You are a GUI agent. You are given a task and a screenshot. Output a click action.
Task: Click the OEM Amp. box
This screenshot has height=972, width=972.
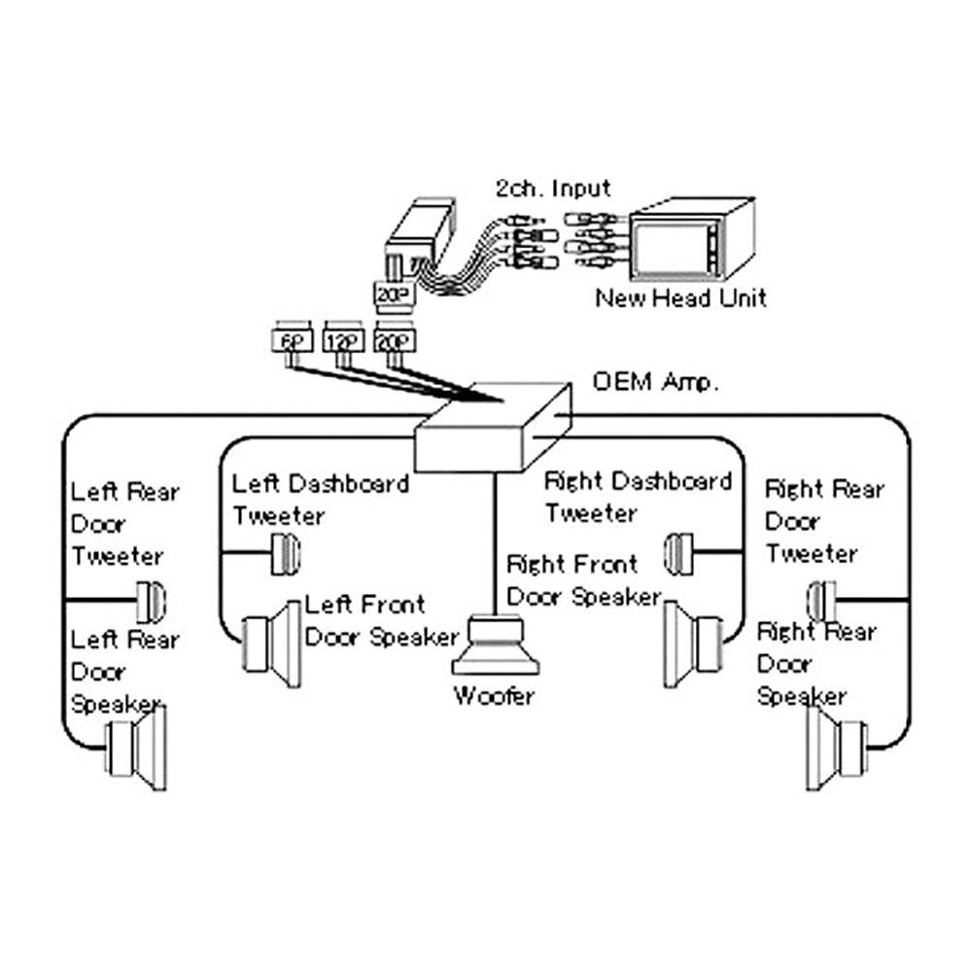493,428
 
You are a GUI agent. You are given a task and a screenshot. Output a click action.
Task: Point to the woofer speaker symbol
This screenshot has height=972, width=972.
495,645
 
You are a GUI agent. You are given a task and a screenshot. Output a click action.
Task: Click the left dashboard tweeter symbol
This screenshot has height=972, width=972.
286,554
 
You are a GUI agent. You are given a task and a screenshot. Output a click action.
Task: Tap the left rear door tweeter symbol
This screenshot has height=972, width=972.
151,602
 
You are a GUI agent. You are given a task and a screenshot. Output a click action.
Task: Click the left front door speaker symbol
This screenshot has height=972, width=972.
272,644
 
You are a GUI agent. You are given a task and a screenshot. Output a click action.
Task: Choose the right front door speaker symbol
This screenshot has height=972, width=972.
693,644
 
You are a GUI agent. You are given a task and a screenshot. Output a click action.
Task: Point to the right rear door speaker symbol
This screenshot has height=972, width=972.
836,748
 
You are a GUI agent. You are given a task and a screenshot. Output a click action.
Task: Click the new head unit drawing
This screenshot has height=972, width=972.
692,239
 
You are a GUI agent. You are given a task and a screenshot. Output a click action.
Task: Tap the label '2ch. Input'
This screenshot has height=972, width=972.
553,188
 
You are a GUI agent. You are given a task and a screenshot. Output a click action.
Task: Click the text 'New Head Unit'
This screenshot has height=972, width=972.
680,298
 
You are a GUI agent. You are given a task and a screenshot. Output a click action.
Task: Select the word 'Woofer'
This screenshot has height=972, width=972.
494,696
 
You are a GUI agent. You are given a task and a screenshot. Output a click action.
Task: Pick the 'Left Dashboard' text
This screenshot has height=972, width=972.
321,483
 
